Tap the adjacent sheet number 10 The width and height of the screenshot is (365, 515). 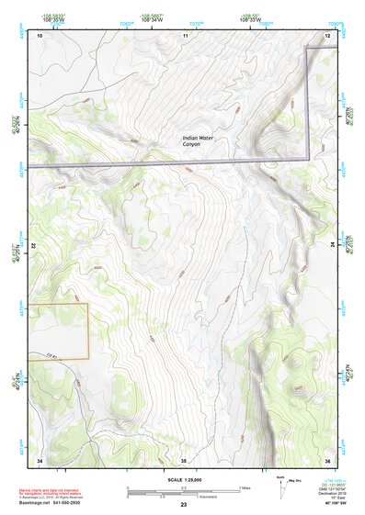click(x=40, y=35)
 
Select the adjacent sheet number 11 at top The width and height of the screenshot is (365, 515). click(x=185, y=35)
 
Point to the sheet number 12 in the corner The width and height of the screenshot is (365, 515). click(x=327, y=35)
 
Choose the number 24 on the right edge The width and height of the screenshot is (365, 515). click(x=333, y=246)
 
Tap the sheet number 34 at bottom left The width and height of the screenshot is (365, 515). click(x=40, y=459)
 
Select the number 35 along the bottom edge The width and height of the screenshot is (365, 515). click(x=184, y=459)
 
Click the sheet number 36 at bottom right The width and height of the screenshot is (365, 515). click(x=327, y=459)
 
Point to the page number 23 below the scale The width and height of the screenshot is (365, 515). click(x=184, y=505)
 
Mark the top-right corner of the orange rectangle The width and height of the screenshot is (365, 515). click(x=88, y=304)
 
